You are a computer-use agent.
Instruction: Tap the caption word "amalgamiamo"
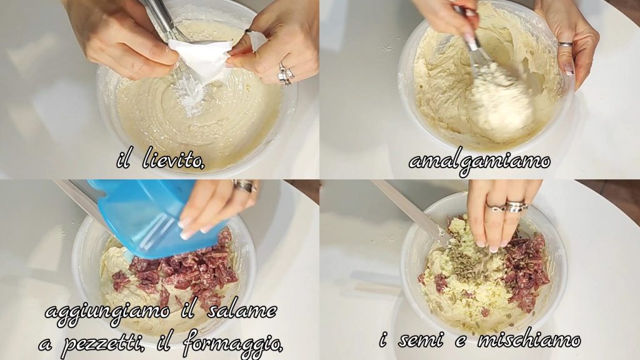click(x=479, y=162)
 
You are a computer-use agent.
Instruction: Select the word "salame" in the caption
click(x=242, y=312)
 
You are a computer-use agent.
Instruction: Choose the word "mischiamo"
click(x=529, y=339)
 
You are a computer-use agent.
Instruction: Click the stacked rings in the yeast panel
click(x=286, y=74)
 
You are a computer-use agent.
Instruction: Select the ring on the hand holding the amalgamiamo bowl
click(x=565, y=44)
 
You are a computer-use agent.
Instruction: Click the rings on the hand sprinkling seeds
click(x=509, y=206)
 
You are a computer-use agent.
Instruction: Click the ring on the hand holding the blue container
click(x=246, y=186)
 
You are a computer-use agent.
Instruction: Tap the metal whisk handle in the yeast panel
click(x=162, y=16)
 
